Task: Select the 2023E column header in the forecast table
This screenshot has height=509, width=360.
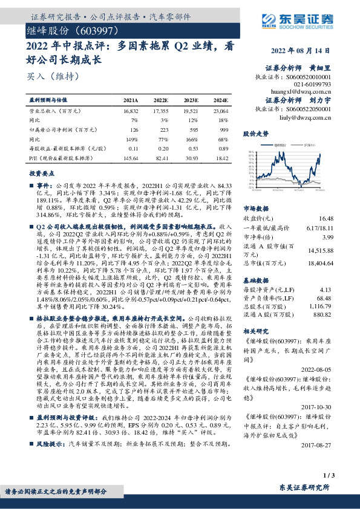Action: tap(191, 101)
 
